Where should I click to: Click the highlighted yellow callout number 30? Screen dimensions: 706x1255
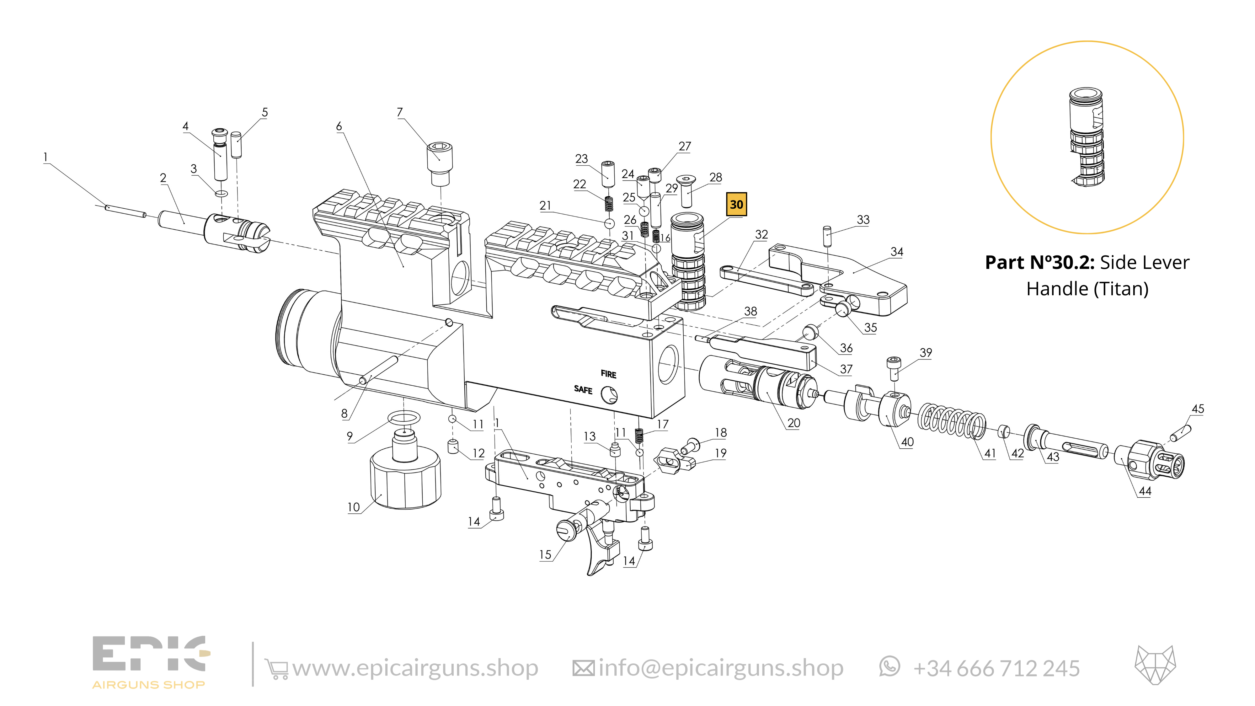point(736,204)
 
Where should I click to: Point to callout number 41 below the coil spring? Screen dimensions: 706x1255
point(990,453)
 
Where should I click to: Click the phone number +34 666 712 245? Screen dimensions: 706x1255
point(996,668)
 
